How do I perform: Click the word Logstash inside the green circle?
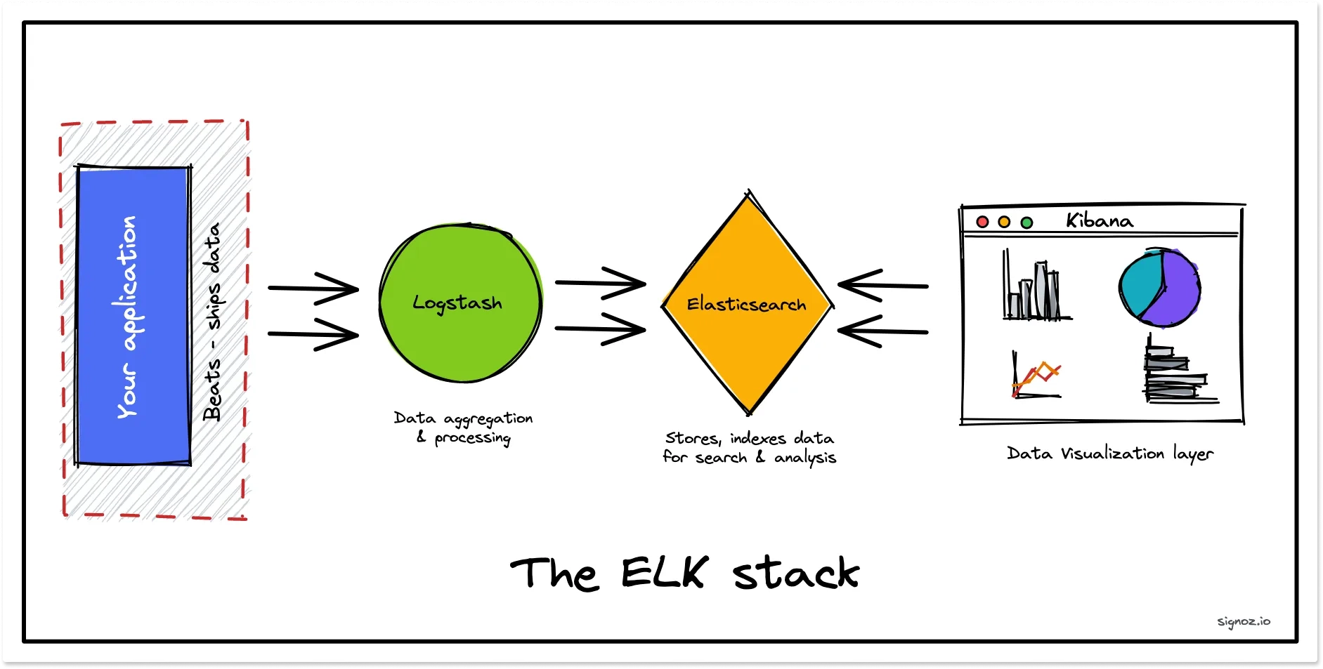point(457,303)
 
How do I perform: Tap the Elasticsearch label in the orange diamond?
point(746,304)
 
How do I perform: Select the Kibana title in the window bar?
point(1099,220)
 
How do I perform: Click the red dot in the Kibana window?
point(983,222)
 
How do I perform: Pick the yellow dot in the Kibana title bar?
point(1004,222)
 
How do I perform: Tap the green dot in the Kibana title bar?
point(1027,223)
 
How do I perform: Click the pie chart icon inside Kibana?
point(1159,288)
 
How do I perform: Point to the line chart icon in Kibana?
point(1036,378)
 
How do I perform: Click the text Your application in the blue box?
point(127,317)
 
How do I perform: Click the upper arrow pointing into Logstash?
point(314,288)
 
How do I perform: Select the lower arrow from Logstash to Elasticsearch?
point(601,329)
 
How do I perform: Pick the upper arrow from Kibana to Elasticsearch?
point(882,285)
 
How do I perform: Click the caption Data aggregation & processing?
point(464,428)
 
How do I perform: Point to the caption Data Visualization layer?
point(1109,453)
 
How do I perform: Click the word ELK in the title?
point(664,573)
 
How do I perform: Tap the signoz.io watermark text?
point(1243,621)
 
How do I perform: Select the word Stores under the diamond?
point(692,438)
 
